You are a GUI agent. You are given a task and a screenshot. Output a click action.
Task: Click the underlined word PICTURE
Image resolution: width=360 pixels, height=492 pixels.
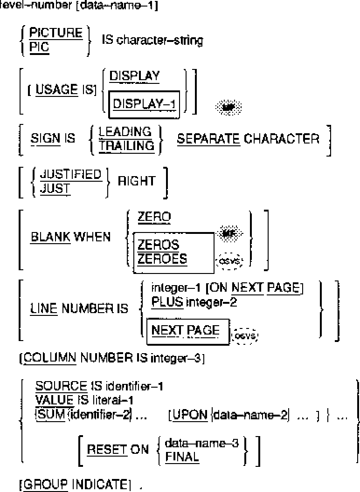click(x=55, y=33)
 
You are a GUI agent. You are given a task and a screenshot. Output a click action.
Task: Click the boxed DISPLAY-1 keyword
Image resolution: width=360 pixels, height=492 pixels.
click(x=145, y=104)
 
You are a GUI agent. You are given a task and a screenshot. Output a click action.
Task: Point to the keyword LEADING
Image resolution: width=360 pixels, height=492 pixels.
click(x=125, y=132)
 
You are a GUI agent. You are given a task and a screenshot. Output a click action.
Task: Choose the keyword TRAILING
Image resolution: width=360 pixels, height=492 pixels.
click(x=126, y=145)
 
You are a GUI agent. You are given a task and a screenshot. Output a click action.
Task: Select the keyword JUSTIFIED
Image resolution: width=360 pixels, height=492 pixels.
click(x=70, y=174)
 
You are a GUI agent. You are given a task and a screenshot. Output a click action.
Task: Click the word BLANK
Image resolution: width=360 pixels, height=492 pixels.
click(x=50, y=237)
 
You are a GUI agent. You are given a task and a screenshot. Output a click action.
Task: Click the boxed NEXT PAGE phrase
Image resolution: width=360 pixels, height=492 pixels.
click(x=185, y=330)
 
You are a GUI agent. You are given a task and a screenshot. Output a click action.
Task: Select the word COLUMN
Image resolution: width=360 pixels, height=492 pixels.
click(x=49, y=359)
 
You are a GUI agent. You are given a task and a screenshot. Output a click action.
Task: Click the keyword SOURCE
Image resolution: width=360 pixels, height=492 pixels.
click(x=61, y=386)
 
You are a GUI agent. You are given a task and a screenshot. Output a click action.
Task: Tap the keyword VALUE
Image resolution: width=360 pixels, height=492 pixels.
click(x=54, y=399)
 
